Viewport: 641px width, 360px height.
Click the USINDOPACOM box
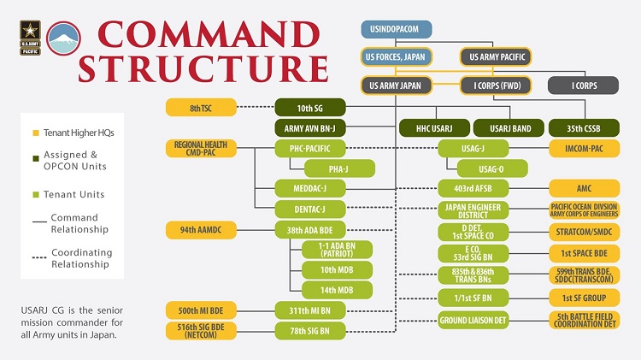tap(396, 29)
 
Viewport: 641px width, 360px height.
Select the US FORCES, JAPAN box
tap(396, 56)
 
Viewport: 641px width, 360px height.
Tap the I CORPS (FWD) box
tap(497, 86)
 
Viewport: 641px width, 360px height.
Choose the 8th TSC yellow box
tap(201, 108)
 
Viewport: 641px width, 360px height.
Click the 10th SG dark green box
tap(310, 108)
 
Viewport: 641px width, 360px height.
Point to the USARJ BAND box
tap(509, 128)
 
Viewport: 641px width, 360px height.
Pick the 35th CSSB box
tap(584, 128)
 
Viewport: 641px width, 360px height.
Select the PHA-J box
tap(339, 168)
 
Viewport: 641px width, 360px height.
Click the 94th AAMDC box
tap(201, 230)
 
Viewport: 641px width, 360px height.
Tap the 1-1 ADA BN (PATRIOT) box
tap(338, 250)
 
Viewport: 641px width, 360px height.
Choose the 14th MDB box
tap(338, 290)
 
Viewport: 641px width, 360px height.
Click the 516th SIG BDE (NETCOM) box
tap(201, 331)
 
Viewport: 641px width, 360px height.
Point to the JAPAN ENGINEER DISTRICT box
tap(473, 210)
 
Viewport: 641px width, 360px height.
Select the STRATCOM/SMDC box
tap(585, 232)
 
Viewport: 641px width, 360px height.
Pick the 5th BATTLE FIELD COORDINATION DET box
tap(585, 321)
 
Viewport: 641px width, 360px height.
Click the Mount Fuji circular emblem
tap(63, 38)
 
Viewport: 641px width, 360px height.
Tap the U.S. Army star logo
tap(30, 38)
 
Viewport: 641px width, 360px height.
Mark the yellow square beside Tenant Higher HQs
tap(36, 133)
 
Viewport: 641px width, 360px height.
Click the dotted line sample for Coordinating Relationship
tap(39, 257)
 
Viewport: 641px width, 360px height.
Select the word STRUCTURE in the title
tap(203, 68)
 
